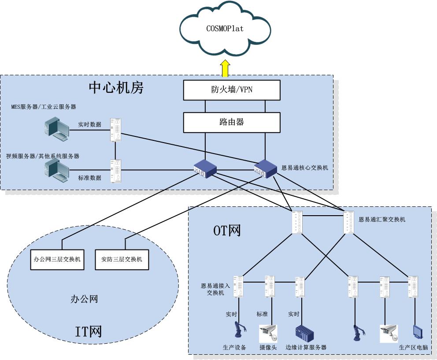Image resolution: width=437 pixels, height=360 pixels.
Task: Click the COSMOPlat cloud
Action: pyautogui.click(x=225, y=29)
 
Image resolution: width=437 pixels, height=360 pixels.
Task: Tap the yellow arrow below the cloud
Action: pyautogui.click(x=226, y=68)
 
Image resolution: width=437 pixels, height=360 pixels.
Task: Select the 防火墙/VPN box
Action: pyautogui.click(x=232, y=90)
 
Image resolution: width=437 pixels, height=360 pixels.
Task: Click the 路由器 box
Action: pyautogui.click(x=232, y=122)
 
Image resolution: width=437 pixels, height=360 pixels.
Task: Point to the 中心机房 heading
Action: pyautogui.click(x=116, y=88)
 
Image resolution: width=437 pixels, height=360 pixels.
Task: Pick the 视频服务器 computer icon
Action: pyautogui.click(x=57, y=171)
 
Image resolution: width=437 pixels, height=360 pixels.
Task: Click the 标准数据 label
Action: pyautogui.click(x=90, y=178)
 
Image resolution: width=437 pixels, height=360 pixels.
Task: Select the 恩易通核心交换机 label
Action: pyautogui.click(x=305, y=168)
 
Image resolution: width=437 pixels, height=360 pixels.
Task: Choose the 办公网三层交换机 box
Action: pyautogui.click(x=58, y=259)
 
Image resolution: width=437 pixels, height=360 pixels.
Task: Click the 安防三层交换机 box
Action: pyautogui.click(x=119, y=259)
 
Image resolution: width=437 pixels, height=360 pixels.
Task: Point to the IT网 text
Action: pyautogui.click(x=88, y=331)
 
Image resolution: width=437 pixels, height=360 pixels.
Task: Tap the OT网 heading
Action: pyautogui.click(x=226, y=230)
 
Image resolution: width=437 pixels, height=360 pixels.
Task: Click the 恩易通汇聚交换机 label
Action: pyautogui.click(x=382, y=219)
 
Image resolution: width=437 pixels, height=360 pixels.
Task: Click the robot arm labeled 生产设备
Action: pyautogui.click(x=240, y=332)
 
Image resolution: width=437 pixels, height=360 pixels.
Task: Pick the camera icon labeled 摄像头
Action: pyautogui.click(x=268, y=333)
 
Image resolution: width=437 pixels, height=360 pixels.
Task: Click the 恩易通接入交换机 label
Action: pyautogui.click(x=215, y=289)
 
